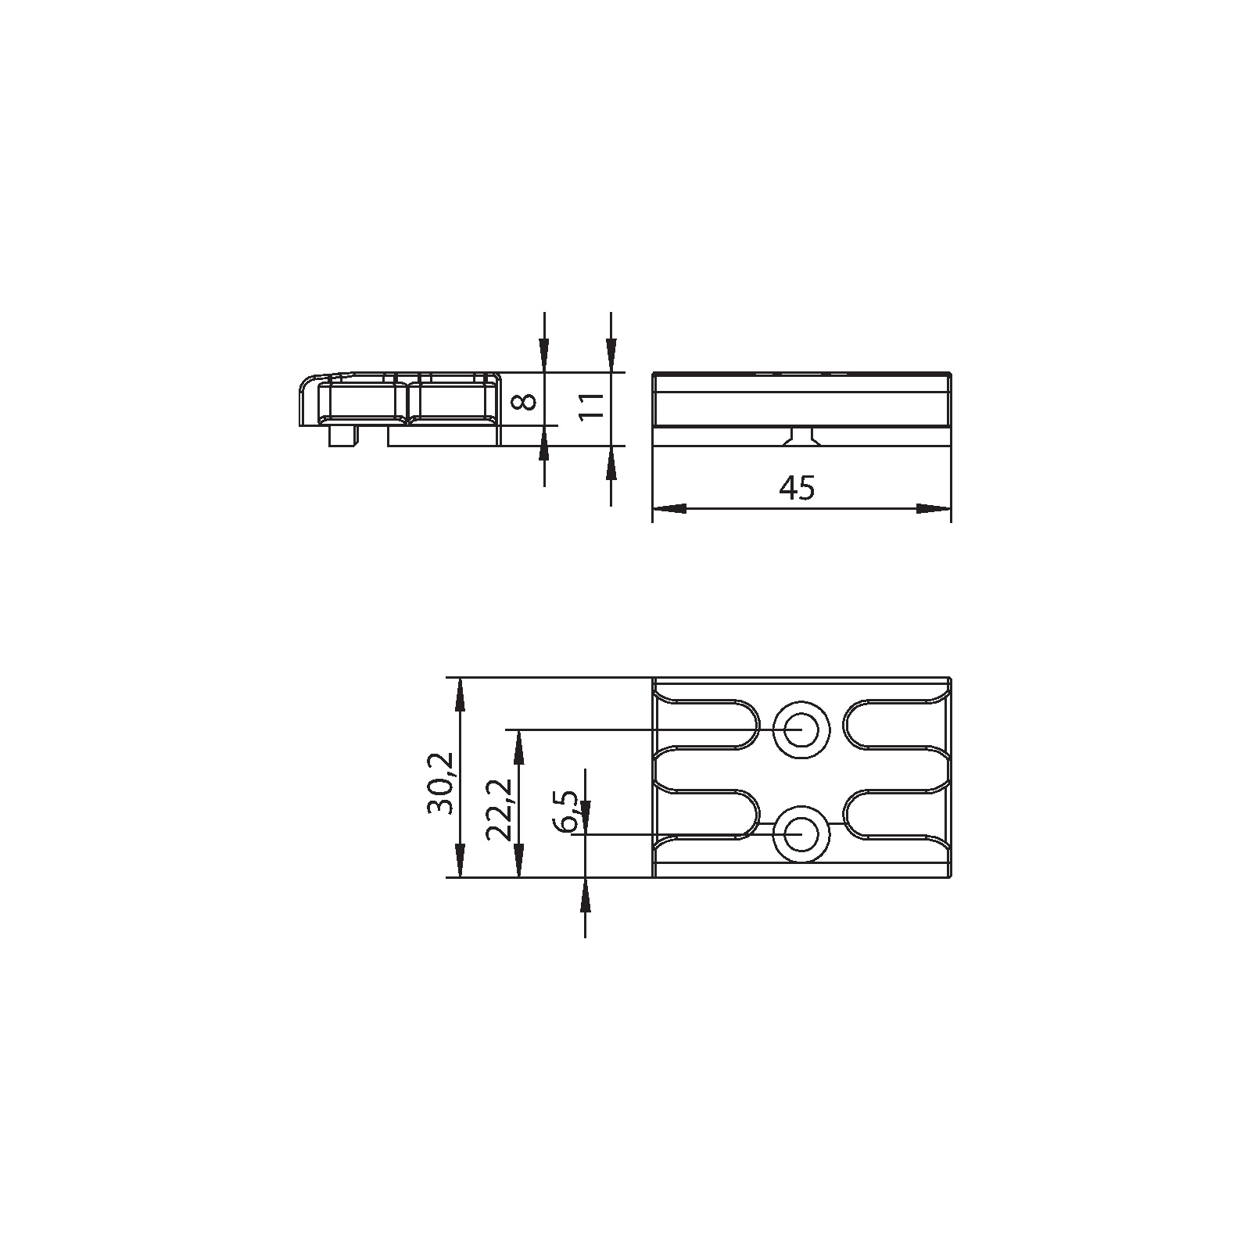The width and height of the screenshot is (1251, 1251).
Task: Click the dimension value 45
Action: (797, 488)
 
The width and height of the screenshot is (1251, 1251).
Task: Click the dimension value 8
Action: (527, 401)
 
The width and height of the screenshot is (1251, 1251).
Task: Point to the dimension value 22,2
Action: (499, 809)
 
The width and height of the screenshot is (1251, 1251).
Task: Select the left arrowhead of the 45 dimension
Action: (668, 508)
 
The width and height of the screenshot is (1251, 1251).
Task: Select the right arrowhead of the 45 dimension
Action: (934, 508)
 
